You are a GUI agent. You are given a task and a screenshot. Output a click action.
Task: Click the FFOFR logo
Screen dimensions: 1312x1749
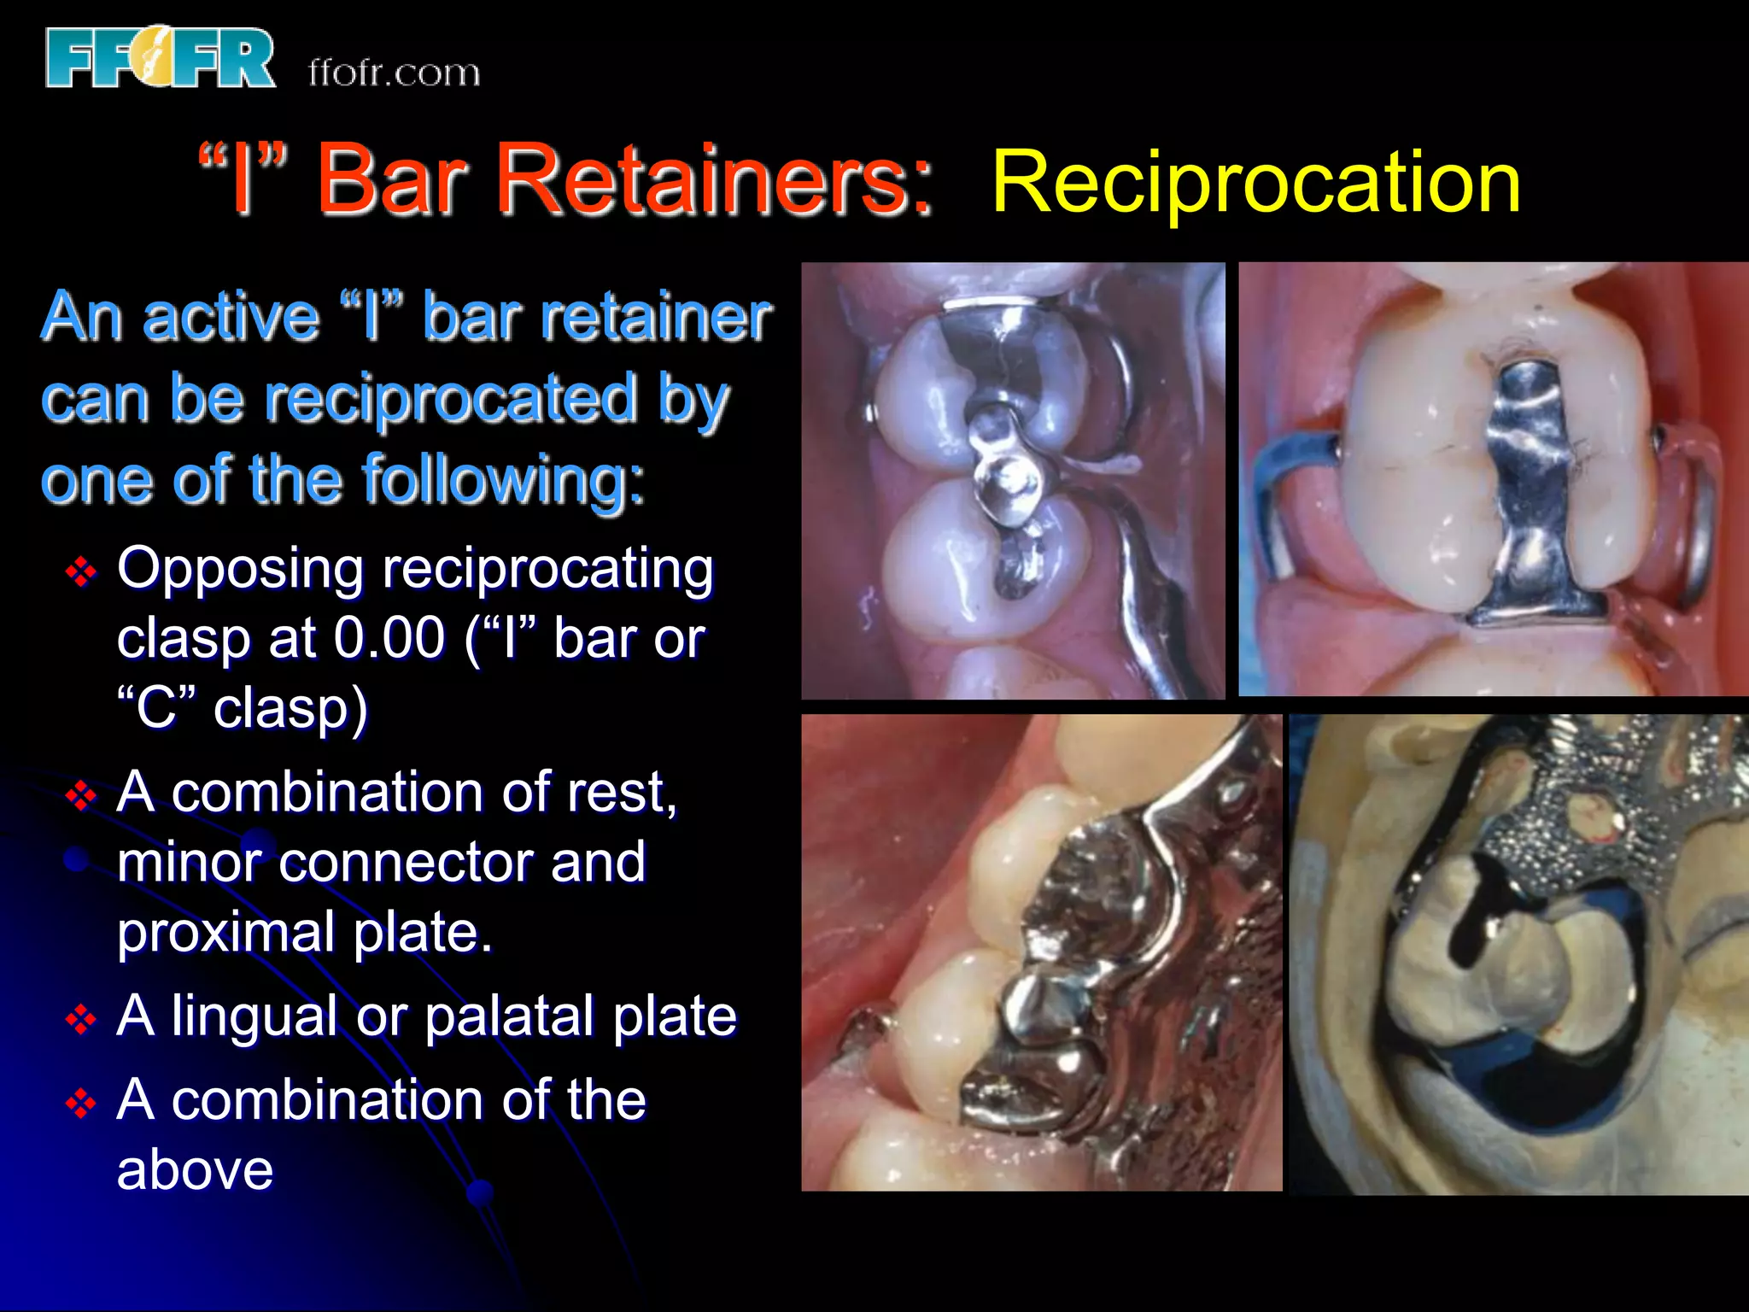161,58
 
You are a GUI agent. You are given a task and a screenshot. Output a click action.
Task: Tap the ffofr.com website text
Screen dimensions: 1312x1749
394,73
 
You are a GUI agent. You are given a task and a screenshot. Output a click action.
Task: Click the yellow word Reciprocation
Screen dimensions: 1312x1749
1255,182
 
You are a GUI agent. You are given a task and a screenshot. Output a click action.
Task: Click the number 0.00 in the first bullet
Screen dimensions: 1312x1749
389,638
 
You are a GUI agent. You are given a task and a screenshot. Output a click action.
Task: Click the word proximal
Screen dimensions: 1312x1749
225,932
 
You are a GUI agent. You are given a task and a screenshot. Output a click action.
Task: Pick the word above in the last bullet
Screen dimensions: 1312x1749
195,1170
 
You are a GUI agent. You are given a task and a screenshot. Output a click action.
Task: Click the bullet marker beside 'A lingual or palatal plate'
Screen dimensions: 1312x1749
81,1019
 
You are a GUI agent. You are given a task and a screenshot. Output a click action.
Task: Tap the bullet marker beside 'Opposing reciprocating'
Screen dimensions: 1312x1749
81,571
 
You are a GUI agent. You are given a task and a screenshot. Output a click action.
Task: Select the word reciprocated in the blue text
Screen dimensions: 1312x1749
451,399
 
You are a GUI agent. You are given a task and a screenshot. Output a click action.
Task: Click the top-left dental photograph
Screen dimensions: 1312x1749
1012,480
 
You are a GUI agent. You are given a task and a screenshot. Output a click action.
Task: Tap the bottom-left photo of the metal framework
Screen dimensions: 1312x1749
1041,952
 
